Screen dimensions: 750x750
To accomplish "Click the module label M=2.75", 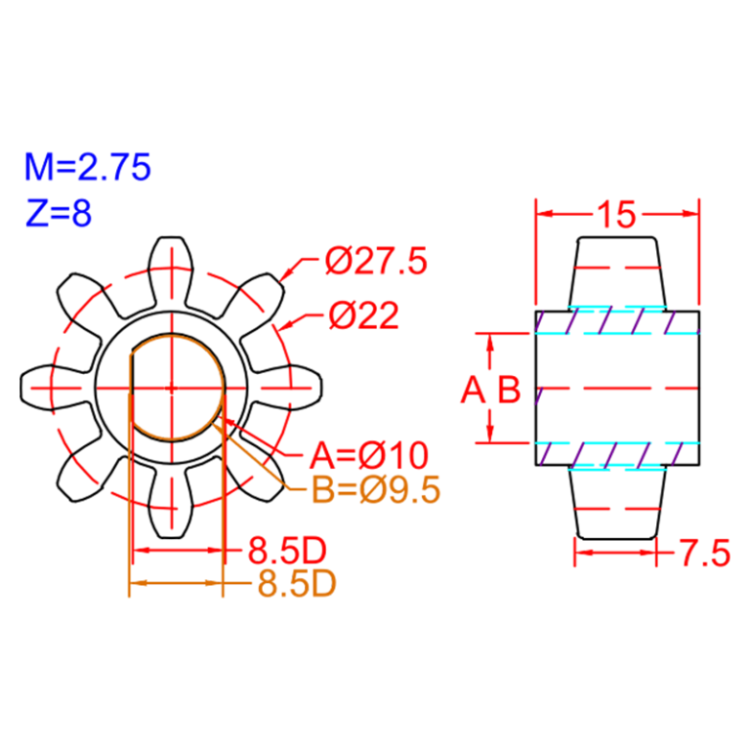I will pyautogui.click(x=88, y=168).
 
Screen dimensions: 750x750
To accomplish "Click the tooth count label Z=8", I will pyautogui.click(x=59, y=212).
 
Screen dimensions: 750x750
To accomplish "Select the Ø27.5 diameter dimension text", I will pyautogui.click(x=376, y=262).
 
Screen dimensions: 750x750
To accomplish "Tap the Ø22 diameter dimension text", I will pyautogui.click(x=363, y=315).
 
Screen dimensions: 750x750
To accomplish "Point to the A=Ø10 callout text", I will pyautogui.click(x=369, y=455).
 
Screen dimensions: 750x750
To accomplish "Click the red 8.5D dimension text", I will pyautogui.click(x=286, y=550).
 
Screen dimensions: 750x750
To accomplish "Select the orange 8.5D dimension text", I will pyautogui.click(x=297, y=584).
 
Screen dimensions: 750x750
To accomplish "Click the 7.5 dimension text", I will pyautogui.click(x=704, y=555).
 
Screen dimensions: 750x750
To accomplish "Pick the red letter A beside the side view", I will pyautogui.click(x=473, y=391).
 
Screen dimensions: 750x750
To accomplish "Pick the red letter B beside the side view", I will pyautogui.click(x=509, y=391).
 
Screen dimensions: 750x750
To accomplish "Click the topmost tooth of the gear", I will pyautogui.click(x=172, y=259).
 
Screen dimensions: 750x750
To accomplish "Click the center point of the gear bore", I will pyautogui.click(x=172, y=388).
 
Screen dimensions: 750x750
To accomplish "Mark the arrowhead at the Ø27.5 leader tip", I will pyautogui.click(x=286, y=276).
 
